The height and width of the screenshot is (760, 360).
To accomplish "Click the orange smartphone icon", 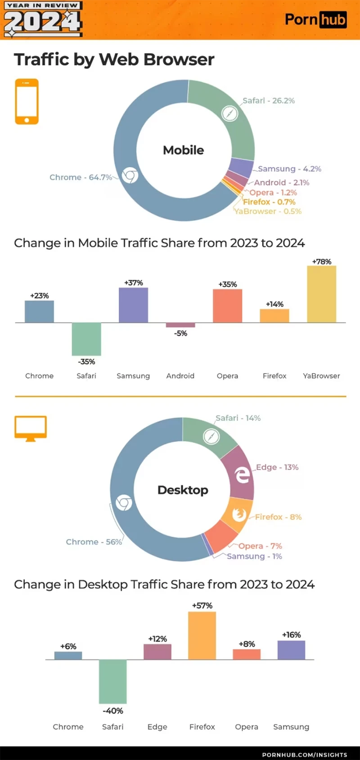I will [x=27, y=101].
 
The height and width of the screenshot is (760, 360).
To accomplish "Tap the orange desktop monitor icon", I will [x=31, y=428].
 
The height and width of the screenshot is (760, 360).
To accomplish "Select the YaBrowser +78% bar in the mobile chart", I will [x=321, y=294].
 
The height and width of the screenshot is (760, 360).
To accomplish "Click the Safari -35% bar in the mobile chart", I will [x=86, y=339].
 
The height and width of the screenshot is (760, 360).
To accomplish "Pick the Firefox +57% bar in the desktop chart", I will [x=202, y=635].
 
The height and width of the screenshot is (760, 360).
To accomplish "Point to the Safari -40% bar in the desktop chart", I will [x=112, y=681].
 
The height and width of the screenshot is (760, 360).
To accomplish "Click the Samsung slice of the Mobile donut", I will [x=241, y=167].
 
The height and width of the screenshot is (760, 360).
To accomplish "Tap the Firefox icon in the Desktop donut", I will [x=239, y=514].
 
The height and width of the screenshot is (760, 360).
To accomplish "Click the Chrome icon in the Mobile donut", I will [x=130, y=175].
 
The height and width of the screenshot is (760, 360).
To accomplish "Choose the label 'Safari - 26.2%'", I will [x=269, y=101].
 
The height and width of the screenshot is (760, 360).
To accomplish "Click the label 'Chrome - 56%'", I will [x=94, y=542].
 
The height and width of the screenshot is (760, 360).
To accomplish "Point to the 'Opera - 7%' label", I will [x=260, y=546].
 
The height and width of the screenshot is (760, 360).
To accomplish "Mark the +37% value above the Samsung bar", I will [x=134, y=283].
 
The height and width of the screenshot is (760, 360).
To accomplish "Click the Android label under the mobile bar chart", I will [x=180, y=376].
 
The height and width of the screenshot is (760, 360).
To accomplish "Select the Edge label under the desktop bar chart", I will [x=157, y=727].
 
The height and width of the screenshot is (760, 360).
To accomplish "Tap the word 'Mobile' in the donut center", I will [x=183, y=150].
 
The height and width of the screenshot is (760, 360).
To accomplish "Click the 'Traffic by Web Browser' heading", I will [x=114, y=60].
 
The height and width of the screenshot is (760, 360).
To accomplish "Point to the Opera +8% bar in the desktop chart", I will [x=247, y=654].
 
